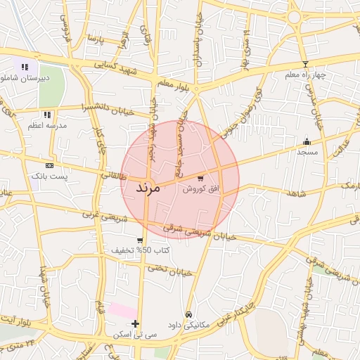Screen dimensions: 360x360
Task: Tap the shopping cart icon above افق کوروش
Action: (x=201, y=179)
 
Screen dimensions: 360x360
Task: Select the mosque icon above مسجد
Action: (x=307, y=141)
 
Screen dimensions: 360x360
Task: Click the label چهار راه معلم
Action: (x=304, y=74)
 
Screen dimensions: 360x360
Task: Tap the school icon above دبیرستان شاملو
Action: (x=25, y=67)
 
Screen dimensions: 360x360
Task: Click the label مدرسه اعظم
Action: (x=46, y=125)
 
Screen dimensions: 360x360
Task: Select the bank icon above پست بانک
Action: (x=48, y=165)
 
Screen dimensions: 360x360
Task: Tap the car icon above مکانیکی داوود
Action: (x=188, y=314)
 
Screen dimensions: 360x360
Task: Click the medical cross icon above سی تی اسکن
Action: (x=136, y=324)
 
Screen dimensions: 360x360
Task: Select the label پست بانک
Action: (x=48, y=176)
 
